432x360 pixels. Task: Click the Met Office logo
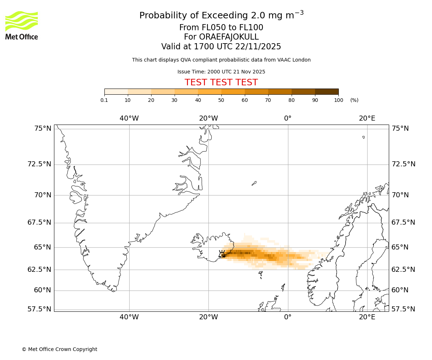tap(22, 25)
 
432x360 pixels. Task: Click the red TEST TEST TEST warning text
tap(221, 82)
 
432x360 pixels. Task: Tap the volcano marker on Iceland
tap(222, 254)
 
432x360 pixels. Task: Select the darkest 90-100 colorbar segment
tap(327, 91)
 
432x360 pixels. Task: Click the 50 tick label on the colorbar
tap(221, 100)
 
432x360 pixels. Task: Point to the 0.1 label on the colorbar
tap(104, 100)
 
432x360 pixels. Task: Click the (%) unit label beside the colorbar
tap(354, 100)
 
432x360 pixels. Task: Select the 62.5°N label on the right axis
tap(403, 269)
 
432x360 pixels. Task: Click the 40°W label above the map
tap(129, 118)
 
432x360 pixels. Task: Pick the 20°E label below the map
tap(367, 317)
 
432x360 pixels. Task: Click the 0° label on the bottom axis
tap(288, 317)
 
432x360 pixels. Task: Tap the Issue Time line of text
tap(221, 72)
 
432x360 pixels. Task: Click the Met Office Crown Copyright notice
tap(59, 349)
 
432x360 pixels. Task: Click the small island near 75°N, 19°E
tap(364, 137)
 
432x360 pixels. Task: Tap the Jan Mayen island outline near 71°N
tap(254, 183)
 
